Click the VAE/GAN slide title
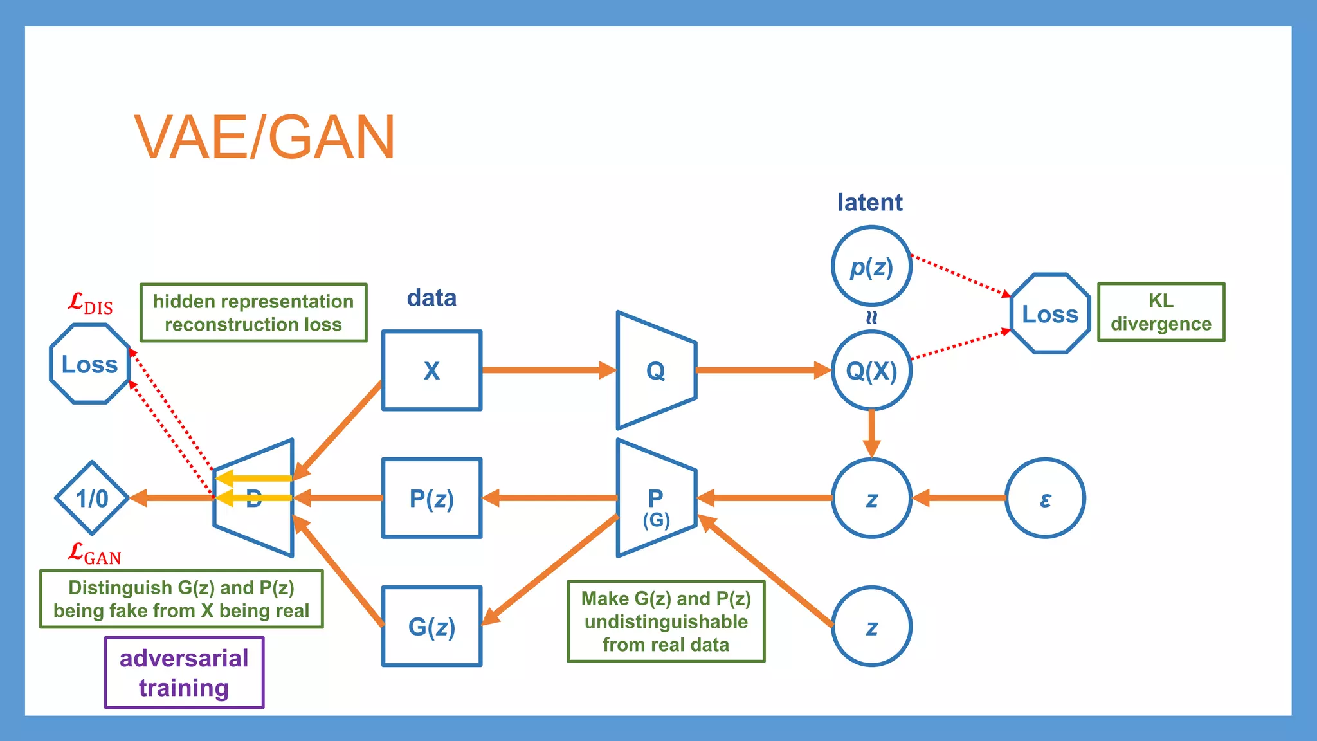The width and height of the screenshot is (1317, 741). tap(264, 137)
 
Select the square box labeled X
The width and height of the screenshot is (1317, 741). tap(431, 370)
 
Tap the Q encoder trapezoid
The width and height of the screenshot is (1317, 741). tap(655, 370)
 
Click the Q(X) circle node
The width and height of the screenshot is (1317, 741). tap(871, 370)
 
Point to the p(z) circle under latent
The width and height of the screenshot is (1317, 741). tap(871, 266)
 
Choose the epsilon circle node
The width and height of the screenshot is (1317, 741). tap(1045, 498)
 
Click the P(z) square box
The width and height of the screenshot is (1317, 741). tap(431, 498)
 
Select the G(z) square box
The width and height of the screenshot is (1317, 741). tap(431, 626)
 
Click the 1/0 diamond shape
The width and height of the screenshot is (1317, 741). tap(93, 498)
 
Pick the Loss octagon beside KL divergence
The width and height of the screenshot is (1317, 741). tap(1050, 314)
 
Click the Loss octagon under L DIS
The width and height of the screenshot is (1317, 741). tap(90, 364)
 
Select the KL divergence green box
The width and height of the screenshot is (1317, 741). tap(1161, 312)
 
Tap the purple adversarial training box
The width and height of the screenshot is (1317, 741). tap(184, 672)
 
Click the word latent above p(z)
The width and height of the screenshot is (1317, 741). tap(869, 203)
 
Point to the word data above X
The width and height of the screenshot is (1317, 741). tap(431, 298)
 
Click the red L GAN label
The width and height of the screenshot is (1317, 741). tap(95, 554)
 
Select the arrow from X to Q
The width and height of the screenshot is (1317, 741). tap(547, 370)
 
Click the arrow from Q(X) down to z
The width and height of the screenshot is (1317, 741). tap(871, 432)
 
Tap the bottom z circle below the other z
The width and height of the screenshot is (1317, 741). tap(871, 626)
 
